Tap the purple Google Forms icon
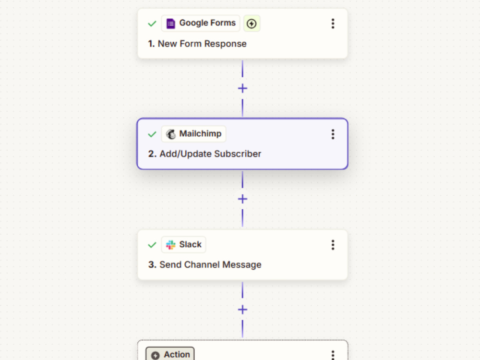(170, 23)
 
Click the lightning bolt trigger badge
(252, 23)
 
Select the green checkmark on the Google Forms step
(152, 24)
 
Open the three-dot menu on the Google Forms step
(333, 24)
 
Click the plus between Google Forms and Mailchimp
(242, 88)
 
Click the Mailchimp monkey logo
(171, 134)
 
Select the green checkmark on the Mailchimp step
(152, 134)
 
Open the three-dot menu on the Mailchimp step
(333, 134)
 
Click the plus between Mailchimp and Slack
(242, 199)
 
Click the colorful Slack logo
(170, 245)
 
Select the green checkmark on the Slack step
(152, 245)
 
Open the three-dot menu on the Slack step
(333, 245)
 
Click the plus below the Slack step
(242, 310)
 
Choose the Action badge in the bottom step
(170, 354)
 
